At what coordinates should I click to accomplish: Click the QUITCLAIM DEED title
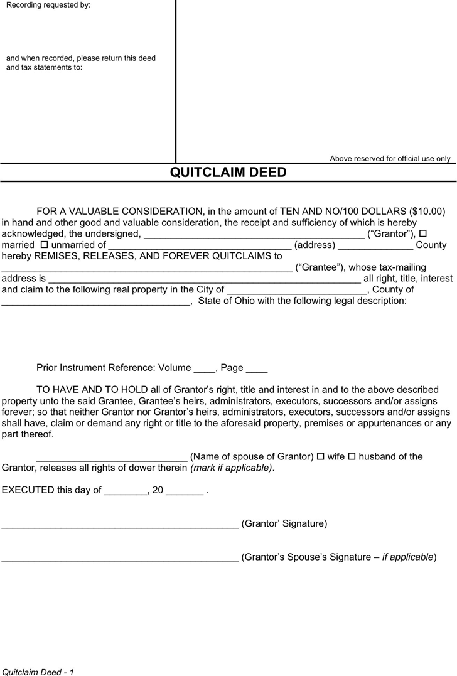click(x=228, y=173)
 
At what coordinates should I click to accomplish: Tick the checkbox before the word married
click(x=422, y=233)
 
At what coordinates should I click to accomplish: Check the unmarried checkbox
click(x=44, y=244)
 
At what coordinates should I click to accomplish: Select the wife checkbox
click(x=320, y=456)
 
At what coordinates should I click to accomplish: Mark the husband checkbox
click(x=352, y=456)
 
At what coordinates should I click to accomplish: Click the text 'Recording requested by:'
click(x=48, y=5)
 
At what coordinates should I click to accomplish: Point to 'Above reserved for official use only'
click(x=390, y=159)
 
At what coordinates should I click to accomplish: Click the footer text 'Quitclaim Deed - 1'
click(x=38, y=672)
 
